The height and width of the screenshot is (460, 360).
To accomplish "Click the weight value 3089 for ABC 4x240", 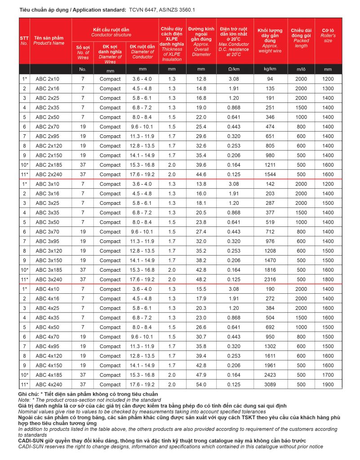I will tap(271, 385).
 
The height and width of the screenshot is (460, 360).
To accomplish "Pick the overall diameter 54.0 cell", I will tap(201, 385).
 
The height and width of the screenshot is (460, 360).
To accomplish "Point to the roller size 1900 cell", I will tap(328, 385).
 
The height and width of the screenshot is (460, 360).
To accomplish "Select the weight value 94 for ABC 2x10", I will tap(271, 79).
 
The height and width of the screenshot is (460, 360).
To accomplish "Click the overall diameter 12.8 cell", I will tap(201, 79).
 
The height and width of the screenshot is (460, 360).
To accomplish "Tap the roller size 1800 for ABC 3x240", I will tap(328, 279).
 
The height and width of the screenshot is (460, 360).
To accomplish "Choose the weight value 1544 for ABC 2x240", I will tap(271, 174).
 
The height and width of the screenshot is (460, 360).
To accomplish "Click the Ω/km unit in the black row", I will tap(234, 70).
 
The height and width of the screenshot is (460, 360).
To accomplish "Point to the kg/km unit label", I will tap(271, 70).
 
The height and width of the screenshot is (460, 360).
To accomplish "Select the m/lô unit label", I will tap(301, 70).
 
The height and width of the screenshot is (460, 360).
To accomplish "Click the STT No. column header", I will tap(24, 41).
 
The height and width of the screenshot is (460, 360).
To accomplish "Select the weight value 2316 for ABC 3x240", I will tap(271, 279).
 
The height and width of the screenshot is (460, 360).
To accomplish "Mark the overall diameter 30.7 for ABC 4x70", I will tap(201, 337).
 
